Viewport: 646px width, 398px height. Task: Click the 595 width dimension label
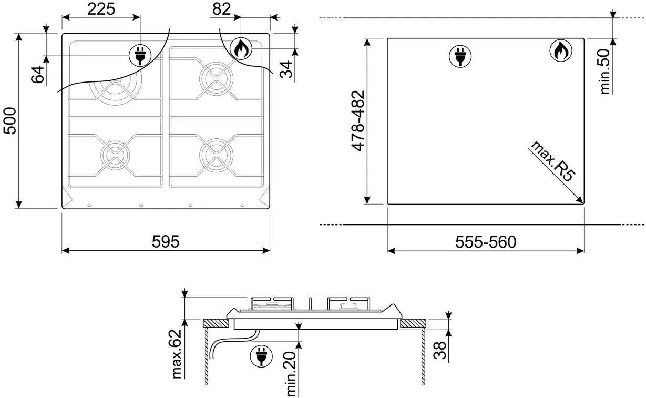[x=166, y=241]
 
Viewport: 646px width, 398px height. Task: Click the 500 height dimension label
[x=10, y=120]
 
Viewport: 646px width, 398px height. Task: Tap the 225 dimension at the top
[x=101, y=9]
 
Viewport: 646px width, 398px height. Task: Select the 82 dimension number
[x=221, y=9]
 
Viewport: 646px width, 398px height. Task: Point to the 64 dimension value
[x=38, y=75]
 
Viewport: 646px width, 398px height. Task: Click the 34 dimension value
[x=286, y=69]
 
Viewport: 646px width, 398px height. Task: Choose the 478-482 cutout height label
[x=358, y=120]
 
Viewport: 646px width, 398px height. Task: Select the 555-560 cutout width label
[x=486, y=242]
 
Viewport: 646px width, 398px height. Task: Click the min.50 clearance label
[x=604, y=71]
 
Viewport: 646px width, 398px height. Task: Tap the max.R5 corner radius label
[x=553, y=161]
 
